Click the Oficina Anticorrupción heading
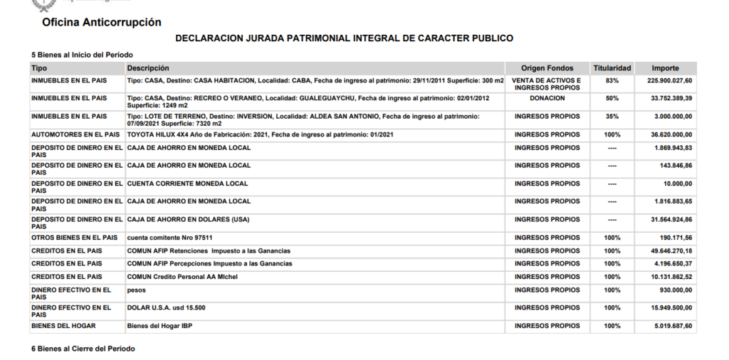click(x=102, y=23)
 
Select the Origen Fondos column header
click(x=547, y=68)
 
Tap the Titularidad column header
click(x=612, y=68)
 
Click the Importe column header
click(x=666, y=68)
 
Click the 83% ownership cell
click(x=612, y=80)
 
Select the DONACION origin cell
click(x=547, y=98)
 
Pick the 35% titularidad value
click(x=612, y=116)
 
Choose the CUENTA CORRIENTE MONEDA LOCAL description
click(x=188, y=184)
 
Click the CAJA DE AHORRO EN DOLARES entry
click(x=189, y=219)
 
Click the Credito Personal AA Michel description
click(x=182, y=277)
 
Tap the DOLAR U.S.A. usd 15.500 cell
click(x=166, y=308)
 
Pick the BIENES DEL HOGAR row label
click(x=63, y=326)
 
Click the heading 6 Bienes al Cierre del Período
click(x=83, y=349)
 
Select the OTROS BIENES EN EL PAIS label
click(x=75, y=238)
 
